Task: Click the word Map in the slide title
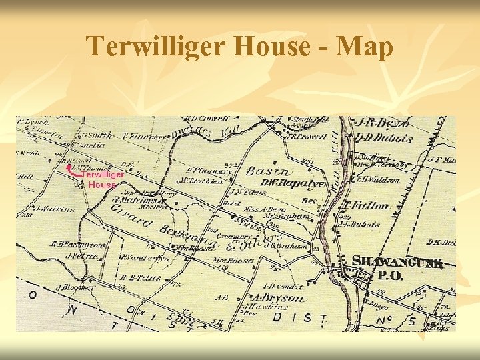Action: pos(365,47)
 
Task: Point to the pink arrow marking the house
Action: pos(71,170)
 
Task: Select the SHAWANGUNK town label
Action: pos(397,262)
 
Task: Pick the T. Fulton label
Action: pos(366,205)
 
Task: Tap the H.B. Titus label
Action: pos(141,277)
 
